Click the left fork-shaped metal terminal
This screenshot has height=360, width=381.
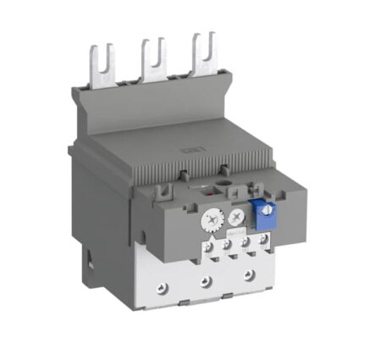pos(96,64)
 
